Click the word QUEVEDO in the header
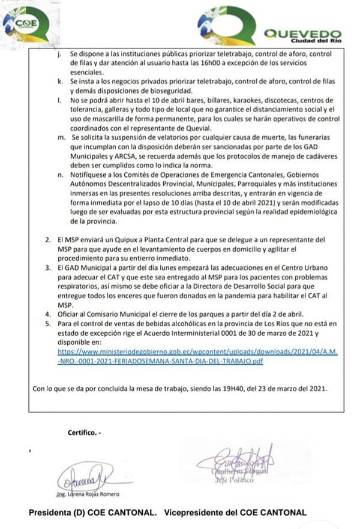[303, 34]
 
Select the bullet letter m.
[58, 137]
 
